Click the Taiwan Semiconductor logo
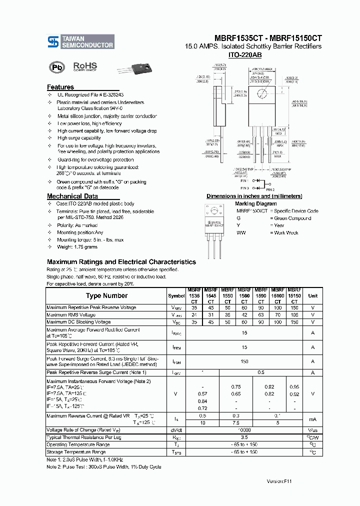tap(80, 41)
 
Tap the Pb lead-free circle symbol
tap(56, 67)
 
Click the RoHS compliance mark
tap(85, 66)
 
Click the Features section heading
tap(60, 87)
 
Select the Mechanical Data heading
tap(72, 196)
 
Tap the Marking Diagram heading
tap(255, 203)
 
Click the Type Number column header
tap(106, 295)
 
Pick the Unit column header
tap(312, 295)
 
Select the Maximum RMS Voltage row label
tap(71, 315)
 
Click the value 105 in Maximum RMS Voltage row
tap(294, 315)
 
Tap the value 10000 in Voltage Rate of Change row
tap(244, 430)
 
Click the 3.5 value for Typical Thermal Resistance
tap(244, 437)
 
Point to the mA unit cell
tap(312, 419)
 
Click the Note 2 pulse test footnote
tap(104, 466)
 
